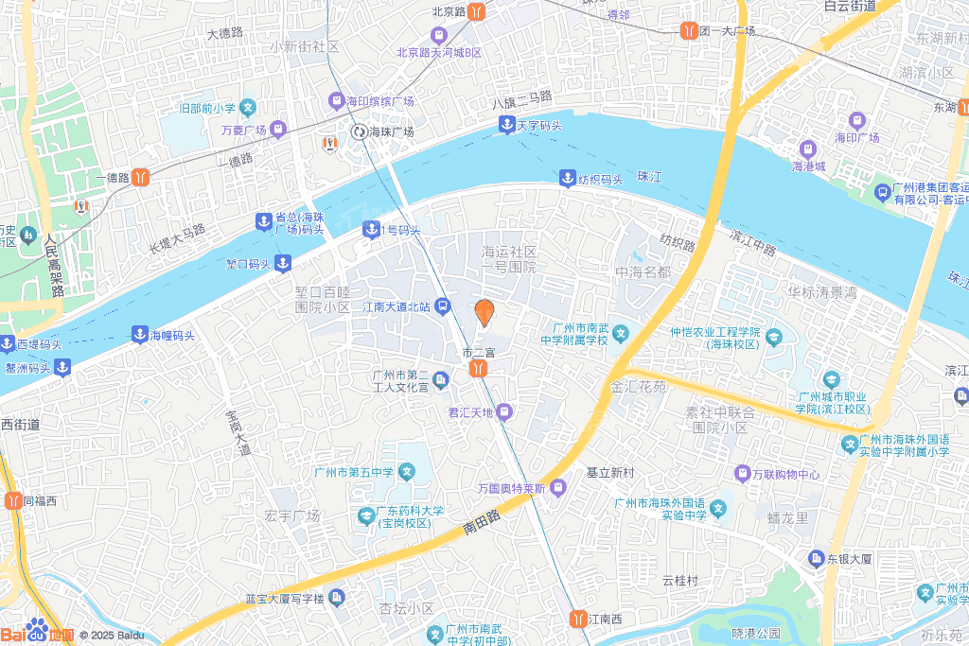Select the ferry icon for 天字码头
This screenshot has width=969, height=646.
pyautogui.click(x=507, y=125)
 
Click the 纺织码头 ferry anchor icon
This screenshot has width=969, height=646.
pyautogui.click(x=567, y=178)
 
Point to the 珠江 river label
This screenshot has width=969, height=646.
pyautogui.click(x=648, y=177)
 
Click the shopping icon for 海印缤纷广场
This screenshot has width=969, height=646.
pyautogui.click(x=335, y=101)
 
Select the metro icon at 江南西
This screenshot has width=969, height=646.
pyautogui.click(x=577, y=619)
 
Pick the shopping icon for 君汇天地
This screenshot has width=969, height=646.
pyautogui.click(x=504, y=411)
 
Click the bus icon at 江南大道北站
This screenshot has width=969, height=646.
pyautogui.click(x=442, y=306)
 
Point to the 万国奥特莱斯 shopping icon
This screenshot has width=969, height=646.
pyautogui.click(x=557, y=488)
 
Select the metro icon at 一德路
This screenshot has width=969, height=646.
pyautogui.click(x=140, y=176)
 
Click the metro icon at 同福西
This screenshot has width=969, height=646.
pyautogui.click(x=13, y=500)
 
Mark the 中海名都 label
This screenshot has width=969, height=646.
pyautogui.click(x=643, y=272)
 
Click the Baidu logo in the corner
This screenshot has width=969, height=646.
pyautogui.click(x=38, y=633)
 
